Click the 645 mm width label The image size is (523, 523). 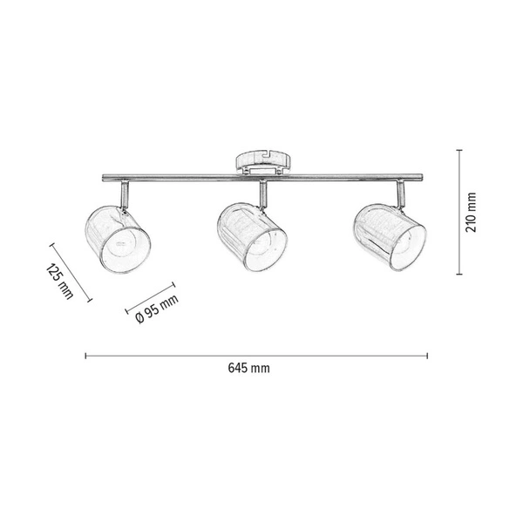coord(248,370)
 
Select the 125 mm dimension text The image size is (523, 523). coord(60,282)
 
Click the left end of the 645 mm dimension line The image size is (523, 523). coord(85,355)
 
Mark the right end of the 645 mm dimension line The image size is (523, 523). coord(429,355)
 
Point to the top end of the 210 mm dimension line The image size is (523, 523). coord(460,149)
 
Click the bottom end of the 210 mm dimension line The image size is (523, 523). coord(460,274)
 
